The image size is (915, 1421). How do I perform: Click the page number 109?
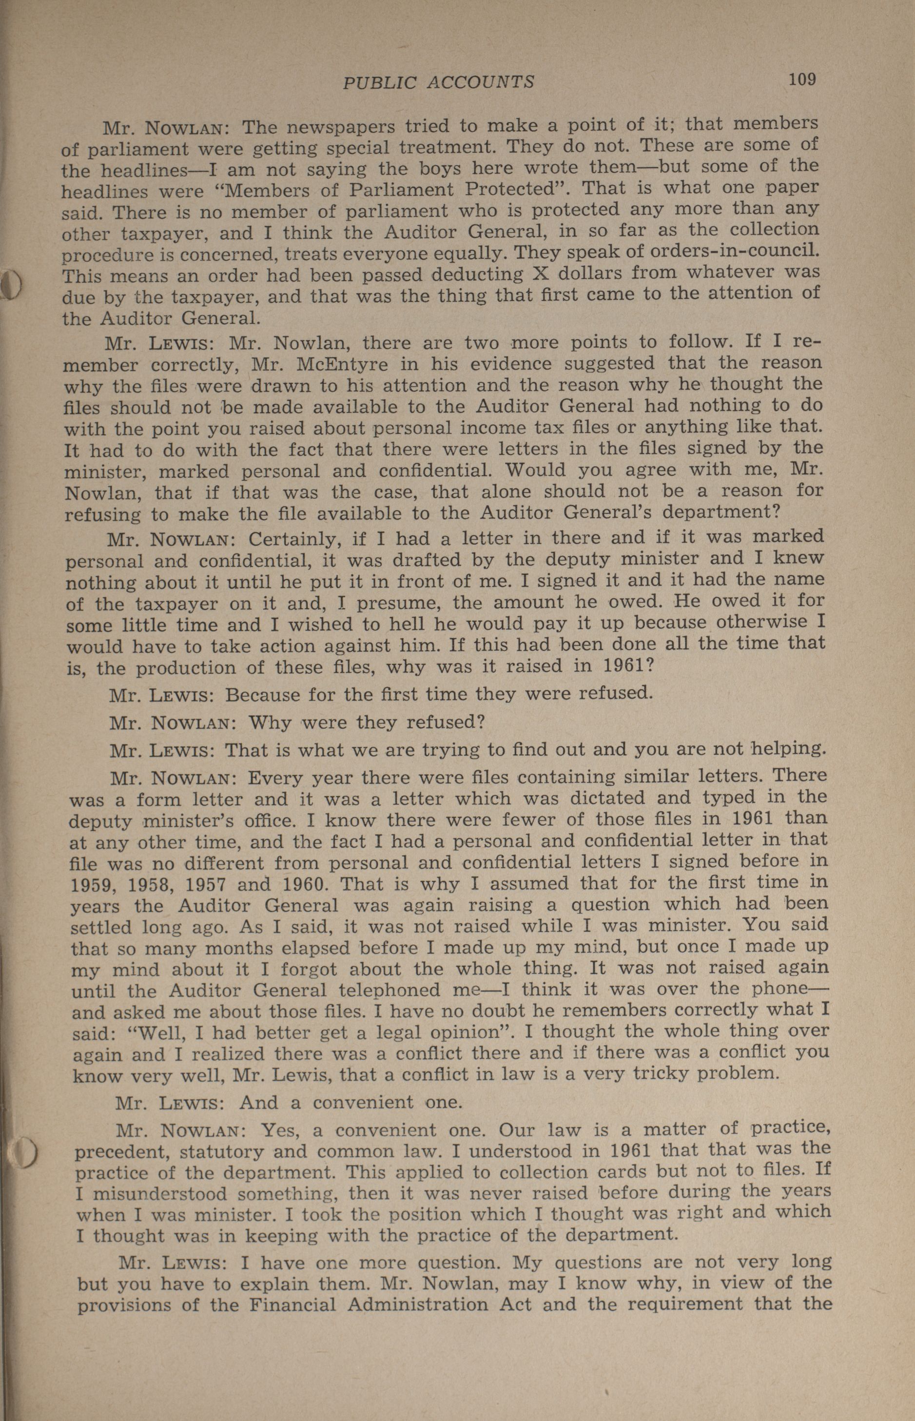[801, 79]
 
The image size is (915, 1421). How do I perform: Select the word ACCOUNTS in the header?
[481, 81]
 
